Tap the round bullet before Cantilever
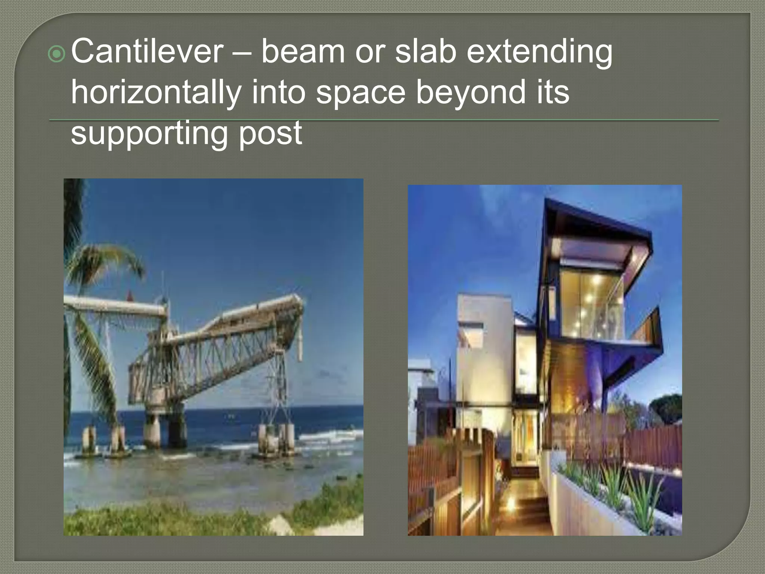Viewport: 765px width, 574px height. [58, 55]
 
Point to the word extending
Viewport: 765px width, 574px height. [539, 52]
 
